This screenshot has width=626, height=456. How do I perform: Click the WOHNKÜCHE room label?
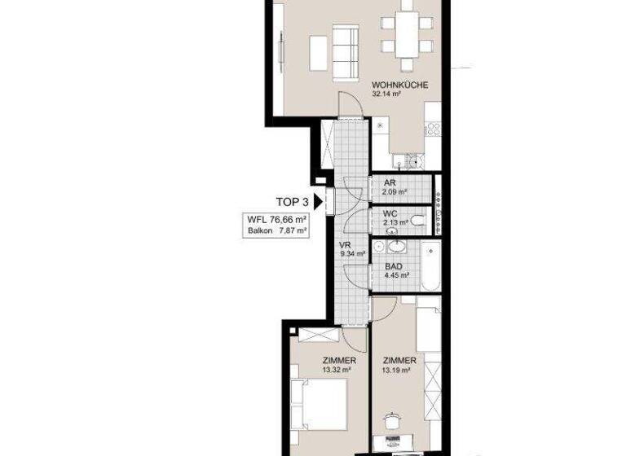(x=400, y=85)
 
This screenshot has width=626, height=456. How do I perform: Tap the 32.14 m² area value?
(x=390, y=94)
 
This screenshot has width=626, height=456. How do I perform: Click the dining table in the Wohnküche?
(x=404, y=34)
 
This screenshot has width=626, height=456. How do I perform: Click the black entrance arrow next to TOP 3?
(x=319, y=199)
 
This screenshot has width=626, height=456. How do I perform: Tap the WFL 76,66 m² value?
(x=277, y=219)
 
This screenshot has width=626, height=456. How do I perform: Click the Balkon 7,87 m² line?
(x=277, y=230)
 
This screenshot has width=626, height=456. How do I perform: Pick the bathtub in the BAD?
(x=430, y=265)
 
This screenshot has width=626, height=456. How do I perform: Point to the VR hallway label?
(x=344, y=245)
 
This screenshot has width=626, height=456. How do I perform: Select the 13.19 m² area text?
(x=395, y=370)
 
